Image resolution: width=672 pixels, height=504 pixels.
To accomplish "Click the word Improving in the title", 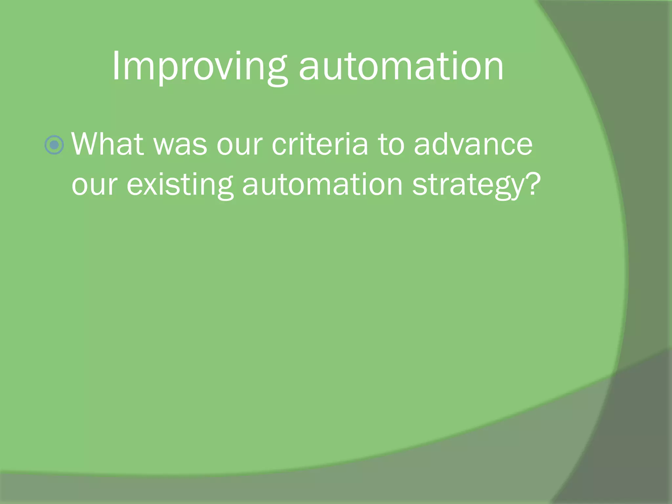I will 199,67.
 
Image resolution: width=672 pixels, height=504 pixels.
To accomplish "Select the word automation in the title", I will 401,67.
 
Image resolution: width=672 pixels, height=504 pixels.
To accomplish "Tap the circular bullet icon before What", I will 54,145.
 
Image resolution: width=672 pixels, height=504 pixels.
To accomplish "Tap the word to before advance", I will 391,145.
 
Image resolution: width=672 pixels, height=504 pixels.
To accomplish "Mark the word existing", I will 180,185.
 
